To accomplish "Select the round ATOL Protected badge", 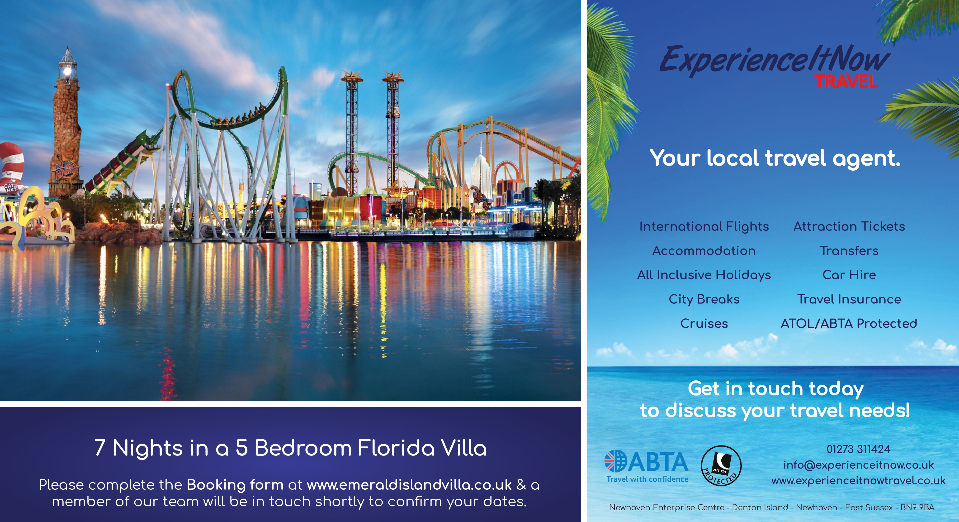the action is pyautogui.click(x=721, y=466).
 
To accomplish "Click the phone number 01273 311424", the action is pyautogui.click(x=859, y=449).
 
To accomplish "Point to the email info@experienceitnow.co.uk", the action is pyautogui.click(x=859, y=465).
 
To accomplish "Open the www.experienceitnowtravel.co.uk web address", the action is pyautogui.click(x=859, y=481).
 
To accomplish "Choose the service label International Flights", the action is pyautogui.click(x=704, y=226).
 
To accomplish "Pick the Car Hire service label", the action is pyautogui.click(x=849, y=275).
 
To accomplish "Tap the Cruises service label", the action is pyautogui.click(x=704, y=323).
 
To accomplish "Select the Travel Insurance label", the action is pyautogui.click(x=849, y=299).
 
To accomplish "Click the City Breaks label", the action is pyautogui.click(x=704, y=299).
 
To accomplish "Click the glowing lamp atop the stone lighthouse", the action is pyautogui.click(x=67, y=70).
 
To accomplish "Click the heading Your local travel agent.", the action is pyautogui.click(x=775, y=158).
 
